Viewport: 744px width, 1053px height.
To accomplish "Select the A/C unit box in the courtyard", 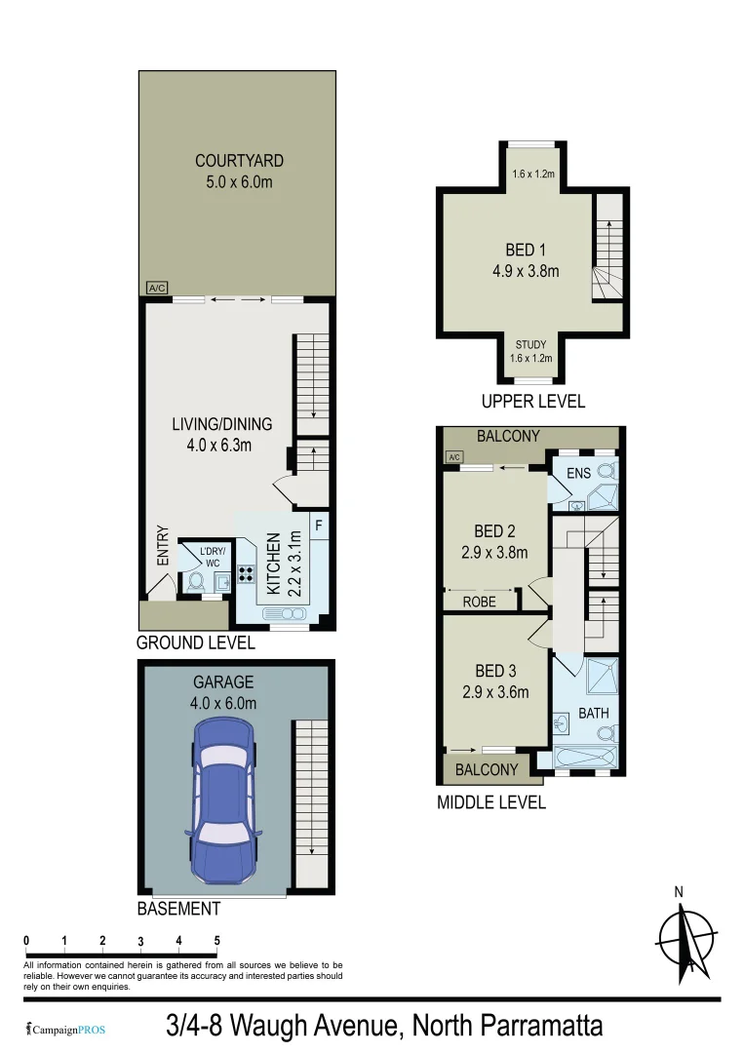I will (155, 288).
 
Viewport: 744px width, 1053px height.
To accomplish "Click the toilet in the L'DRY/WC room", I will (195, 582).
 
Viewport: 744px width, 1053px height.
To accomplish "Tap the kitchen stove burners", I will (244, 575).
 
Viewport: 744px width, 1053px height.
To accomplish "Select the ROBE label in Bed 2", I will (479, 603).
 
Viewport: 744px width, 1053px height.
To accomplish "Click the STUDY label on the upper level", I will (530, 344).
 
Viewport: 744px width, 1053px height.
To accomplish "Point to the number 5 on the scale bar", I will (216, 941).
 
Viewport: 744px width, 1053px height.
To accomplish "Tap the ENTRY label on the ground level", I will (163, 546).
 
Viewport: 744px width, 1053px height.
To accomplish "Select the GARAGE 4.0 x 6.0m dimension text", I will (223, 703).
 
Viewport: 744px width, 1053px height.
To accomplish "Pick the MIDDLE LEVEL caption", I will (490, 802).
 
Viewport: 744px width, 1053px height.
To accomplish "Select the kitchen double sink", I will (284, 614).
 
